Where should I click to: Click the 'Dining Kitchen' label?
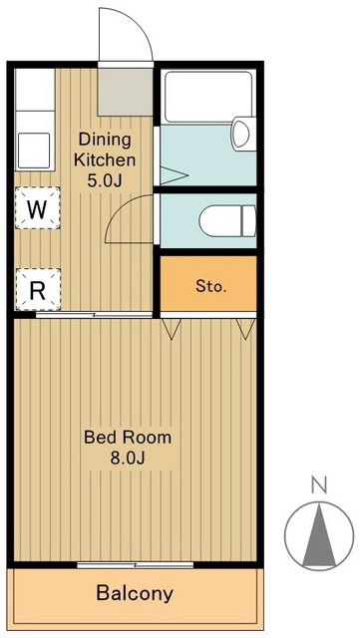[105, 150]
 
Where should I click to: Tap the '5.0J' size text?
[105, 180]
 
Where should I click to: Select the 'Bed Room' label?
[128, 438]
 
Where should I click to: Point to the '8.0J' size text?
[128, 459]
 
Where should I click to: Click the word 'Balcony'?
[135, 594]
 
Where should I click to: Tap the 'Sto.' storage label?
[211, 286]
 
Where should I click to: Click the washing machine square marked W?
[38, 207]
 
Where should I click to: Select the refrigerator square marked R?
[38, 289]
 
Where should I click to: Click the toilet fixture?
[227, 221]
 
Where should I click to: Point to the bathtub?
[208, 97]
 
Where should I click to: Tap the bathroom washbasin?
[243, 134]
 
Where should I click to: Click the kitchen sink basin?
[34, 151]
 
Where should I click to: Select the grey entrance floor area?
[126, 92]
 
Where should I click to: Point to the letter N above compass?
[319, 485]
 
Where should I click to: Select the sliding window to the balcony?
[136, 565]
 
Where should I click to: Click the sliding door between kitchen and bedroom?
[94, 315]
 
